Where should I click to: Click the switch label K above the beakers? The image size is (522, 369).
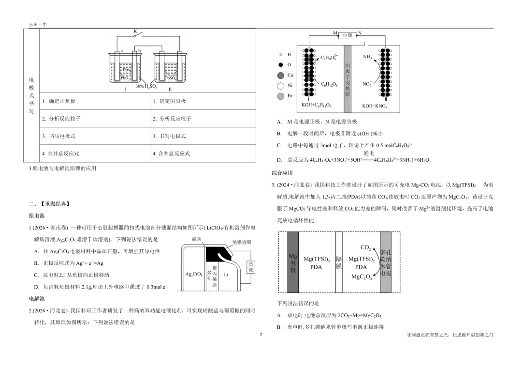click(135, 31)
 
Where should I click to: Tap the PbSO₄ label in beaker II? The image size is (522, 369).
click(171, 78)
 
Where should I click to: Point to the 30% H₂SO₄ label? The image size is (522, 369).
click(146, 86)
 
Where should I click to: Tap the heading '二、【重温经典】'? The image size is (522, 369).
click(49, 204)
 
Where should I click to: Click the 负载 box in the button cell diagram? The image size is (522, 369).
click(251, 267)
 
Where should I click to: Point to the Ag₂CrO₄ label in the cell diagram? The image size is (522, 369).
click(194, 274)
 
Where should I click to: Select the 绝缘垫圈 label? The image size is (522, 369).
click(242, 242)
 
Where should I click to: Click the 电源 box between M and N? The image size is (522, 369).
click(348, 35)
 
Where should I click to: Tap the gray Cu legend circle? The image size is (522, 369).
click(281, 76)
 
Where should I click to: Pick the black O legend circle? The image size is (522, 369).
click(281, 65)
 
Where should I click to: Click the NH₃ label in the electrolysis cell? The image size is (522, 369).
click(367, 57)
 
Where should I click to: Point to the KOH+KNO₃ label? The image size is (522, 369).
click(375, 106)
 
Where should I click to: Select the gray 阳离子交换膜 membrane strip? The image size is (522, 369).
click(348, 79)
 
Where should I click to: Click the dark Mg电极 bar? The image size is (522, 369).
click(293, 262)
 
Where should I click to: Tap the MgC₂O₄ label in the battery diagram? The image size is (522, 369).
click(362, 277)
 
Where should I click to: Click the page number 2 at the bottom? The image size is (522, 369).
click(261, 335)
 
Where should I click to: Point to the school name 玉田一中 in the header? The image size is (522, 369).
click(38, 24)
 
